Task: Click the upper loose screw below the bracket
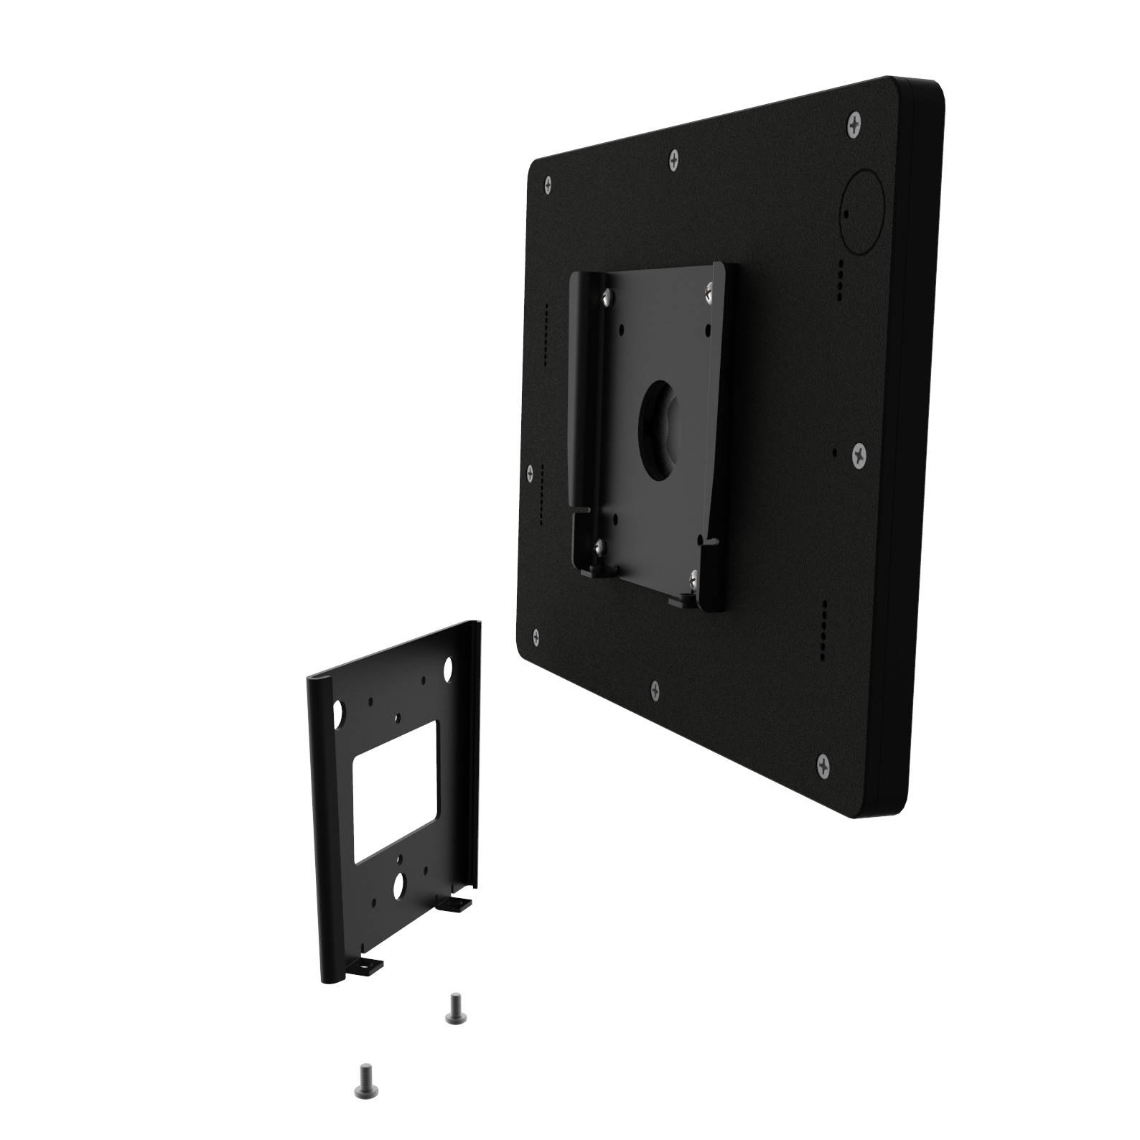tap(454, 1007)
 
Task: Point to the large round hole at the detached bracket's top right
tap(447, 671)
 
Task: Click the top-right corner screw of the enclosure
tap(853, 126)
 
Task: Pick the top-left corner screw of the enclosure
tap(548, 184)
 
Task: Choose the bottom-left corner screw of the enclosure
tap(536, 635)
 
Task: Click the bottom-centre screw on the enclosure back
tap(655, 692)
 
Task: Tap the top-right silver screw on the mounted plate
tap(707, 290)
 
